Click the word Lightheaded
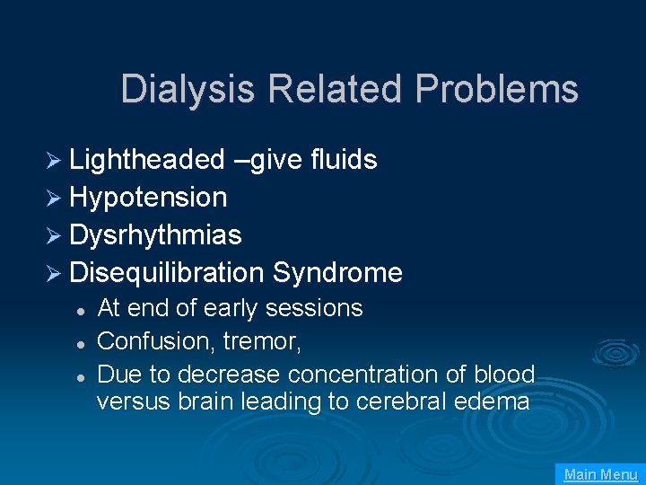click(147, 160)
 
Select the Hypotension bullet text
click(148, 198)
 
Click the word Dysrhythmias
click(155, 235)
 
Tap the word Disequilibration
click(167, 272)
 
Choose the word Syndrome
click(337, 272)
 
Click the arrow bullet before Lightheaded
click(55, 161)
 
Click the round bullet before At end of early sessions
click(81, 310)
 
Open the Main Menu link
click(600, 474)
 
